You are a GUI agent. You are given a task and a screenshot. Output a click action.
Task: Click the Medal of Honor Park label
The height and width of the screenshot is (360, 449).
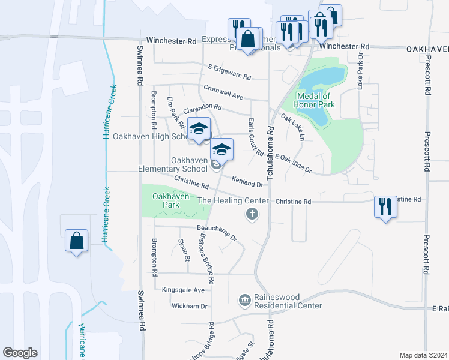click(313, 100)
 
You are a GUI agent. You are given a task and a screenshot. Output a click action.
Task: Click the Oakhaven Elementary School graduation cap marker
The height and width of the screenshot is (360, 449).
click(221, 150)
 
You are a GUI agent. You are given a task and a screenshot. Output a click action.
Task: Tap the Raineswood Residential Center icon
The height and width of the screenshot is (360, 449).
click(244, 299)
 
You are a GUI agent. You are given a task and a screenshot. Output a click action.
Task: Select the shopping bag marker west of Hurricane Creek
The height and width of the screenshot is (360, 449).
click(77, 241)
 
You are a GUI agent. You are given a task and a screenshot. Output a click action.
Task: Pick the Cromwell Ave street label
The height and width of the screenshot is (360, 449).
click(223, 92)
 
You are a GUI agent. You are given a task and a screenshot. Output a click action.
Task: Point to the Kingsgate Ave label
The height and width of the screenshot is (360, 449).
click(184, 290)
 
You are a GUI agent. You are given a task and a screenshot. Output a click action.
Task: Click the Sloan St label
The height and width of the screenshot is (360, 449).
click(184, 250)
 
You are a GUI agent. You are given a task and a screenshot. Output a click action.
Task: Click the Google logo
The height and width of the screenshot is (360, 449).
click(20, 352)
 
